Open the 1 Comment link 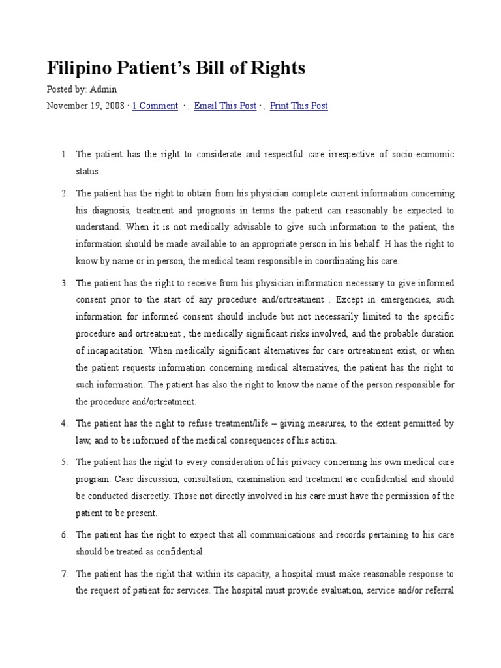click(155, 106)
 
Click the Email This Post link click(225, 106)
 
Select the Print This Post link click(299, 106)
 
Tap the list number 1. click(64, 155)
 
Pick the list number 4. click(64, 423)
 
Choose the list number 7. click(64, 574)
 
